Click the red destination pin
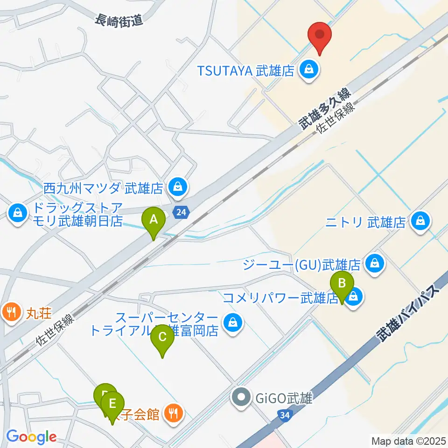point(320,36)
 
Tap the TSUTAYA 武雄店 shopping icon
point(308,70)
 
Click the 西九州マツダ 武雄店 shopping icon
point(177,188)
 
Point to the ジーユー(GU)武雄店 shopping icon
point(375,264)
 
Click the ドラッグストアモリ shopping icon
point(17,214)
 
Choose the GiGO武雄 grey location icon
point(241,398)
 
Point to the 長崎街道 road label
point(117,20)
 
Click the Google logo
point(31,437)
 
